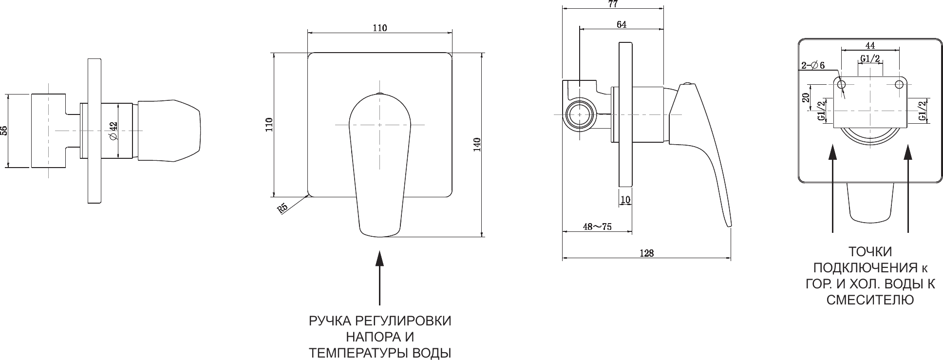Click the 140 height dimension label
pos(477,143)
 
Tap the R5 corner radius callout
pos(283,208)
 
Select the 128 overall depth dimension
pos(647,253)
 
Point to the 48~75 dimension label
pos(597,227)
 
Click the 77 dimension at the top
pos(613,4)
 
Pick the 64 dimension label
pos(622,24)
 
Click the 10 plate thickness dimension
pos(625,199)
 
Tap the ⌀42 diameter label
pos(113,131)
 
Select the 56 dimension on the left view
pos(4,131)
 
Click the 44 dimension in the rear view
pos(870,45)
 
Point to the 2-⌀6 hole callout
pos(813,66)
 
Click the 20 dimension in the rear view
pos(806,97)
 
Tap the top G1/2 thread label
pos(870,59)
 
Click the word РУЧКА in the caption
pos(330,322)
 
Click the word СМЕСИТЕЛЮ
pos(870,300)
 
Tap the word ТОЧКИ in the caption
pos(870,252)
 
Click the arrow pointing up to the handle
pos(379,278)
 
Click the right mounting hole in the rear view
pos(899,84)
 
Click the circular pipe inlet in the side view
pos(580,114)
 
